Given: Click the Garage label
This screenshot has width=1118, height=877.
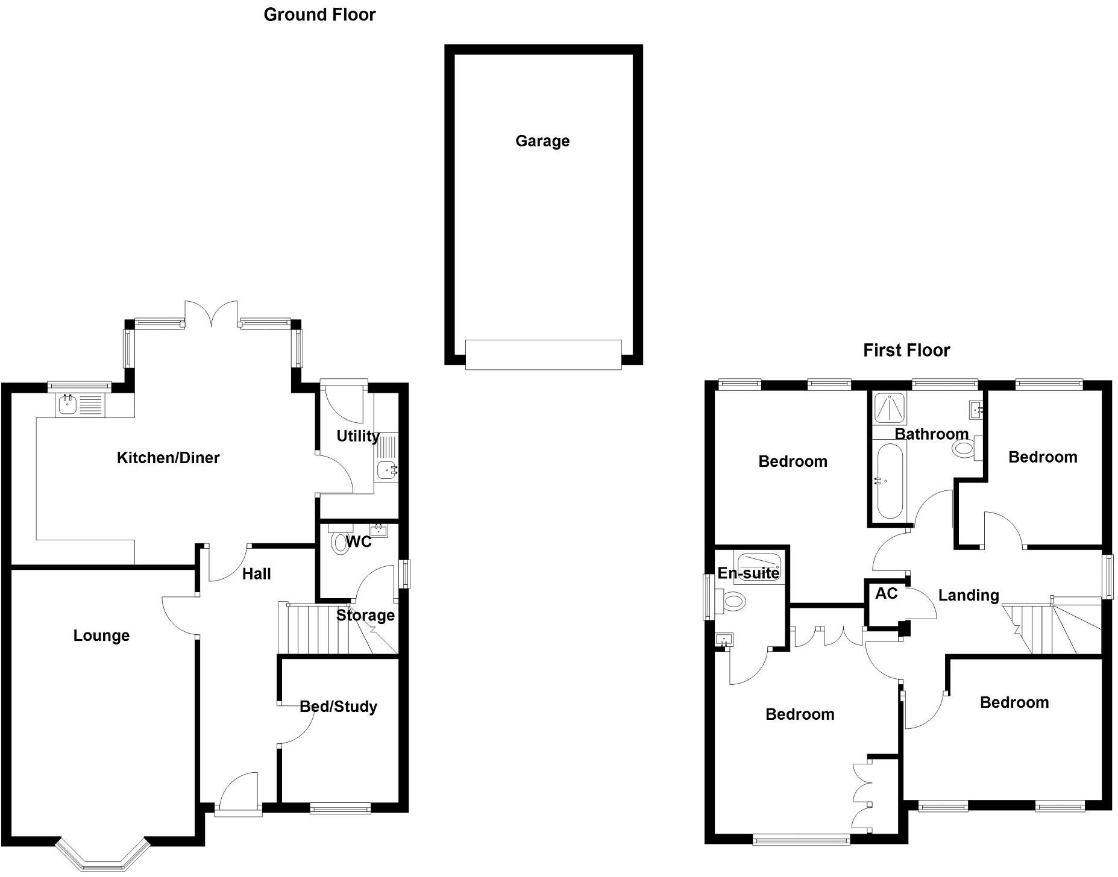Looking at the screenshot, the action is click(x=542, y=142).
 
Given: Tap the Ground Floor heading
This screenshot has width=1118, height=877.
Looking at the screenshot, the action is click(x=319, y=14).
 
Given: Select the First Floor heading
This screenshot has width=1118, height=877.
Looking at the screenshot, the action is click(x=906, y=350).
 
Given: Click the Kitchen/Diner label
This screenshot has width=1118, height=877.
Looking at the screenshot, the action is click(x=168, y=458).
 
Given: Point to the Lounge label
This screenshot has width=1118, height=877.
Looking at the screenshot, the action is click(x=101, y=636).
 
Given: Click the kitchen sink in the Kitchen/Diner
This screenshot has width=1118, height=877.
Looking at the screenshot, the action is click(x=81, y=404).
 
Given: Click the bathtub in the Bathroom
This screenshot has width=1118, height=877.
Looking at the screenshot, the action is click(x=890, y=481).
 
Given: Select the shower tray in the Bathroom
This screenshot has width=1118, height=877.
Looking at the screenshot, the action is click(x=890, y=408).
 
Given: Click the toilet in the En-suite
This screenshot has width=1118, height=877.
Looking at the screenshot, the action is click(x=730, y=601).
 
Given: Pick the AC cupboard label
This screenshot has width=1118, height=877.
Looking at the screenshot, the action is click(x=886, y=594).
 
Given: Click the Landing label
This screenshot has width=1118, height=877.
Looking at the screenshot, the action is click(x=969, y=596).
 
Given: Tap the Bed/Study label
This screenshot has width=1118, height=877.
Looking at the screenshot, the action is click(x=338, y=707).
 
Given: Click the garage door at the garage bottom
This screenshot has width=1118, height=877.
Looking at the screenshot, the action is click(x=543, y=354).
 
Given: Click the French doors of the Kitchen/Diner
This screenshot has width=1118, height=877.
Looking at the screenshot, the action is click(x=211, y=313).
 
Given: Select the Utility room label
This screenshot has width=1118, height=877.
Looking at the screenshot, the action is click(x=357, y=436).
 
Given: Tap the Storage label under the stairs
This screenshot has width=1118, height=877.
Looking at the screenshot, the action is click(x=365, y=616).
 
